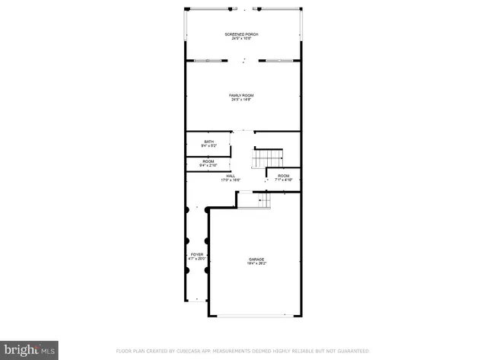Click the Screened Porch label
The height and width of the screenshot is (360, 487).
tap(243, 34)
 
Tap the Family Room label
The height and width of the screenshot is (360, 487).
tap(243, 95)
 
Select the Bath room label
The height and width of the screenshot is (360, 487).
tap(208, 141)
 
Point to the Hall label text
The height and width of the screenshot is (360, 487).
tap(231, 176)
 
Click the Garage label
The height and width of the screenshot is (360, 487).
tap(256, 260)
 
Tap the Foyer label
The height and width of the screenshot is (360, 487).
tap(197, 254)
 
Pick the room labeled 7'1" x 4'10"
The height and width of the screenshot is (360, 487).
tap(284, 177)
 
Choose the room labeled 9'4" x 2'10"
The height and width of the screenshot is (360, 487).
tap(208, 162)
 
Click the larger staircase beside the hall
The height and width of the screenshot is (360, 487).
tap(267, 158)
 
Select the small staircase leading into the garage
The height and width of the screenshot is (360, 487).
tap(263, 200)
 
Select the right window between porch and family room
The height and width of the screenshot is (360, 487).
tap(278, 59)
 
